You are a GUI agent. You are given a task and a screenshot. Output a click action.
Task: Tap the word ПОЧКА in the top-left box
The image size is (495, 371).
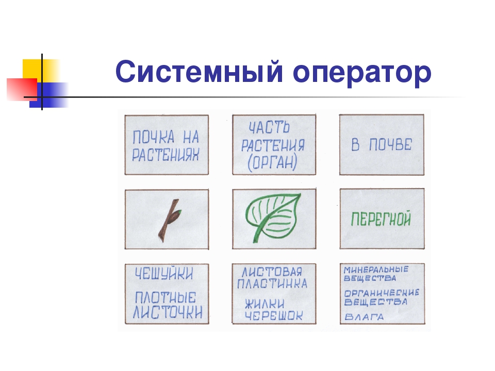(151, 138)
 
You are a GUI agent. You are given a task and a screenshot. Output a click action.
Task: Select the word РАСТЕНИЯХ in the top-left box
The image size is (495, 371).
(165, 155)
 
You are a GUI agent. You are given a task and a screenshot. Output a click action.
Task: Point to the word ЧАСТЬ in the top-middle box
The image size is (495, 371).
(269, 127)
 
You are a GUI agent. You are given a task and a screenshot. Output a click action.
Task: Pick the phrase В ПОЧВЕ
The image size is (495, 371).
(382, 145)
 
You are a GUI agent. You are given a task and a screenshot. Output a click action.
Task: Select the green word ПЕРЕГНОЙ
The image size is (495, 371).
(381, 220)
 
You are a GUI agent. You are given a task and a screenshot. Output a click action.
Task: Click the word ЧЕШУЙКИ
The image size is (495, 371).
(164, 274)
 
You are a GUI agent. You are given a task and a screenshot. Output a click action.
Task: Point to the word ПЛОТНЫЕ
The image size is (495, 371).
(165, 297)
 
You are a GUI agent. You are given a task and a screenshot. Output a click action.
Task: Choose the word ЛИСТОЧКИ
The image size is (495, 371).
(167, 312)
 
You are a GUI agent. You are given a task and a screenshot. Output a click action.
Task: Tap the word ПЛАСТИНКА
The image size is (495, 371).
(273, 283)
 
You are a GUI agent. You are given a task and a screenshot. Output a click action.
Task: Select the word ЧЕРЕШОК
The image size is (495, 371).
(273, 316)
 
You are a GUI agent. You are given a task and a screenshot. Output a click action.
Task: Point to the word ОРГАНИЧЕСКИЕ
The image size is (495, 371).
(382, 292)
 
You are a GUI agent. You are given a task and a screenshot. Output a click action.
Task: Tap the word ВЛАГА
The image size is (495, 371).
(365, 316)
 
